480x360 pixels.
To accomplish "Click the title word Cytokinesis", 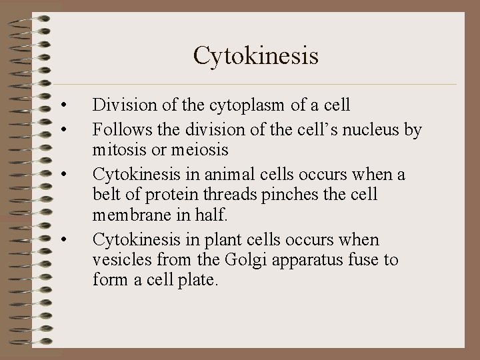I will point(256,55).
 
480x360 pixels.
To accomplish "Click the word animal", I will point(211,175).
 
